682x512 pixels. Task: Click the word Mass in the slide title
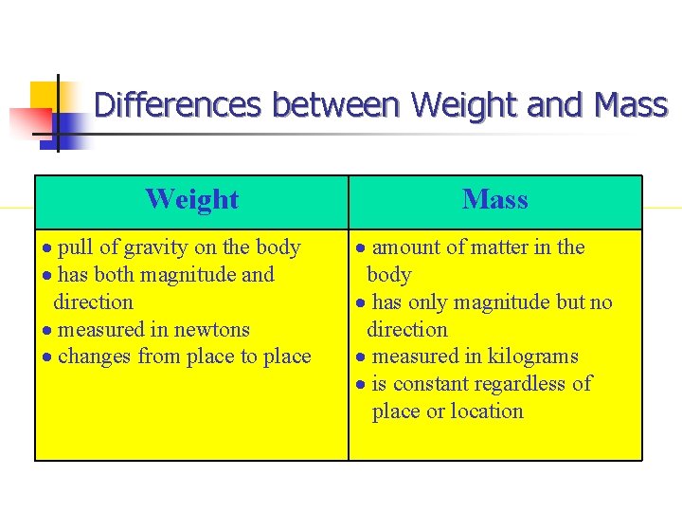click(x=631, y=104)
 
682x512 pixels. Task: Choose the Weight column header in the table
click(x=191, y=199)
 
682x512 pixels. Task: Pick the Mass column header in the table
click(x=494, y=199)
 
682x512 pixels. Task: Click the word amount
click(x=405, y=247)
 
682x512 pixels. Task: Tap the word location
click(x=487, y=411)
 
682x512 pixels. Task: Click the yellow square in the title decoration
click(x=45, y=95)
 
